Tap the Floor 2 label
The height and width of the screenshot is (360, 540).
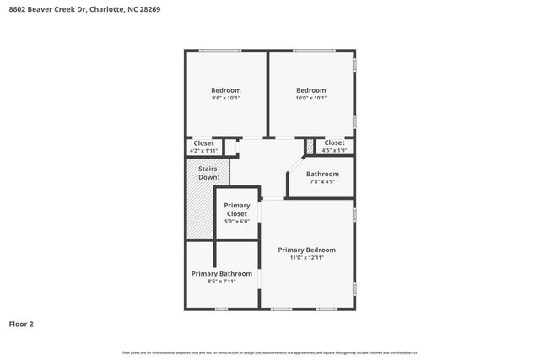[x=21, y=323]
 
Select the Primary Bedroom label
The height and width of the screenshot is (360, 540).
[x=307, y=250]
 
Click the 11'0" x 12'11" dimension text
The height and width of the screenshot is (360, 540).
[x=307, y=258]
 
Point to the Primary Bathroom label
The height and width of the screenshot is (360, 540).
[x=221, y=273]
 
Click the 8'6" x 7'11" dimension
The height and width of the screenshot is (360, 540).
[x=221, y=282]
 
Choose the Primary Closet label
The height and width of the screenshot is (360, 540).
[x=236, y=209]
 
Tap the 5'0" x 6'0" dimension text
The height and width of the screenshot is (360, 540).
[x=236, y=222]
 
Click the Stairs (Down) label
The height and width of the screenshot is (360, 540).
[x=208, y=173]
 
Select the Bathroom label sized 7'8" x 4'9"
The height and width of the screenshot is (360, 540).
[x=322, y=174]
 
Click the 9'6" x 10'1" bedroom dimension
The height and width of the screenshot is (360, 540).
[x=225, y=99]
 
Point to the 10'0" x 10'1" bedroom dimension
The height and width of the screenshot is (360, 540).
[x=310, y=99]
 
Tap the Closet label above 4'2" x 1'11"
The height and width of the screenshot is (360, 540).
[x=203, y=143]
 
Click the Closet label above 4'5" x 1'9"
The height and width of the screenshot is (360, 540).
[x=334, y=142]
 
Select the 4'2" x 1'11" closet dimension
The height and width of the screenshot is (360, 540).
[x=203, y=151]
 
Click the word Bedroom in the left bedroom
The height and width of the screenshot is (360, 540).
[x=225, y=90]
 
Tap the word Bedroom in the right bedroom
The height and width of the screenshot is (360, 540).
[x=310, y=90]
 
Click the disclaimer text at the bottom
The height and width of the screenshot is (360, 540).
[x=270, y=352]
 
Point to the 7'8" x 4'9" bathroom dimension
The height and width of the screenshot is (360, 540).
[x=322, y=182]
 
